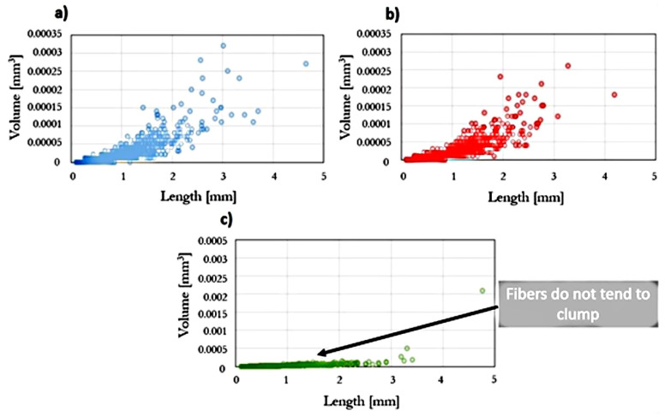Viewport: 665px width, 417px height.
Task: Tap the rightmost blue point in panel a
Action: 306,64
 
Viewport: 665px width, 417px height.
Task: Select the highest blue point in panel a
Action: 223,45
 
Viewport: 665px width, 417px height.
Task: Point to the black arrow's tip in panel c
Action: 318,353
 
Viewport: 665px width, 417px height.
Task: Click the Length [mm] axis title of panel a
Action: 196,195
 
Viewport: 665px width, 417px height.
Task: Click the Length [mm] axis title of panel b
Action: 528,195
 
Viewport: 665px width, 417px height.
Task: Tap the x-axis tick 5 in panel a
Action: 324,176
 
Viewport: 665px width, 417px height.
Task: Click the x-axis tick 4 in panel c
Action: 441,379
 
